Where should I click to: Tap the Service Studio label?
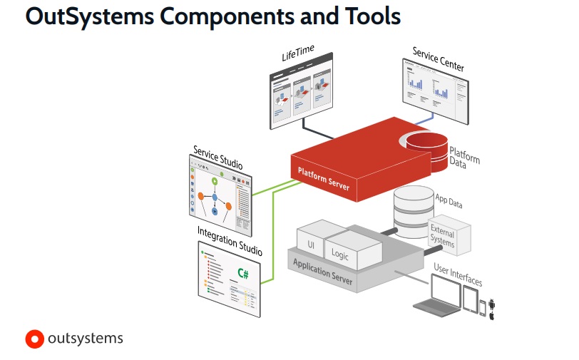click(217, 158)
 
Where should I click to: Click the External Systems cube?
click(449, 235)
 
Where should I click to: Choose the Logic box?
click(341, 253)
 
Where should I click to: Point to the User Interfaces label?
click(458, 273)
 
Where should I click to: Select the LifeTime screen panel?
click(300, 97)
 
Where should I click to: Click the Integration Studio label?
click(230, 242)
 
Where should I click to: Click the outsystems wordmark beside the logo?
click(85, 339)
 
